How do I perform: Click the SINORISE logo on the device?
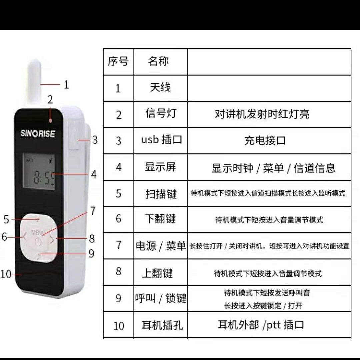click(38, 133)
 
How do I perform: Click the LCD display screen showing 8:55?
click(39, 171)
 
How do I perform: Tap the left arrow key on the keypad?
click(25, 236)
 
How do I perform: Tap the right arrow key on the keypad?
click(52, 239)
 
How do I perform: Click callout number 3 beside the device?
click(95, 140)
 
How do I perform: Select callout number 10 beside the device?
click(6, 274)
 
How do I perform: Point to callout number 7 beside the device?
click(93, 211)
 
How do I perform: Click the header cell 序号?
click(118, 61)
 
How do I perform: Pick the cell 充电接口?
click(265, 140)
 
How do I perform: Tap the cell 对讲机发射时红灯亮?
click(262, 114)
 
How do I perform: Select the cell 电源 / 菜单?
click(161, 246)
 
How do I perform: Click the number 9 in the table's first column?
click(118, 298)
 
